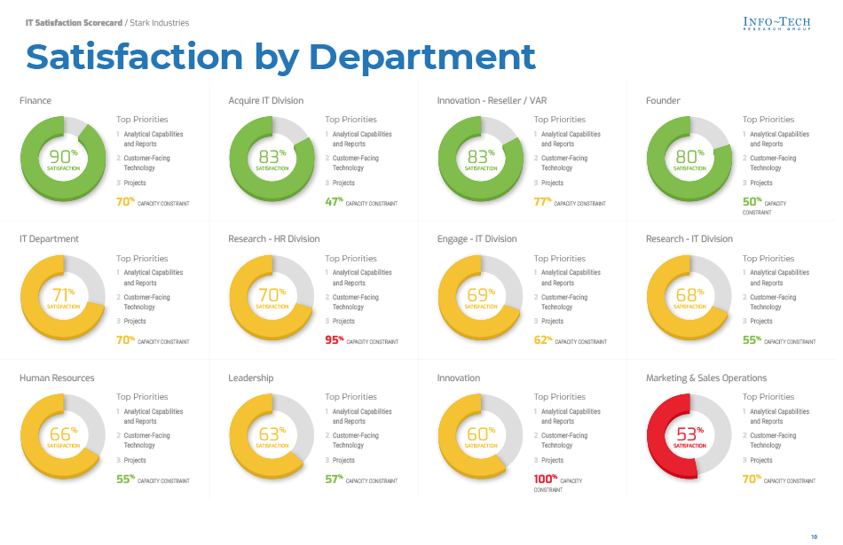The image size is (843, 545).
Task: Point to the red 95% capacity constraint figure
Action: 334,339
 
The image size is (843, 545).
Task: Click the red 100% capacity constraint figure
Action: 544,479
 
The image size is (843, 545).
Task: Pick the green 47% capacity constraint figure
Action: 334,201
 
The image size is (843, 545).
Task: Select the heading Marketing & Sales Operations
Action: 705,378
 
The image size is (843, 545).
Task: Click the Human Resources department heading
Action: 57,378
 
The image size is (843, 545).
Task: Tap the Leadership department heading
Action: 250,378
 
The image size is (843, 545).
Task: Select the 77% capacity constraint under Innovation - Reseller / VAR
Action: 542,201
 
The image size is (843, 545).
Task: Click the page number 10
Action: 814,537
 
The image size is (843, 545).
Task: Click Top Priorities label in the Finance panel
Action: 142,120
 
